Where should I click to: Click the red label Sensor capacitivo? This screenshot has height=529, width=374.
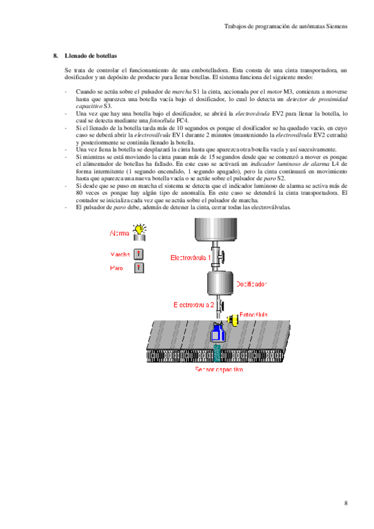[x=219, y=369]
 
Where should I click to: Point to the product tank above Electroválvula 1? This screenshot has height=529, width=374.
[x=217, y=228]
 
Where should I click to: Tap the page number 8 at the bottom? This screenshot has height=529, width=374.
[x=345, y=503]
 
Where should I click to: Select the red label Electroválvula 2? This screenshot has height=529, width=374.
[x=194, y=304]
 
